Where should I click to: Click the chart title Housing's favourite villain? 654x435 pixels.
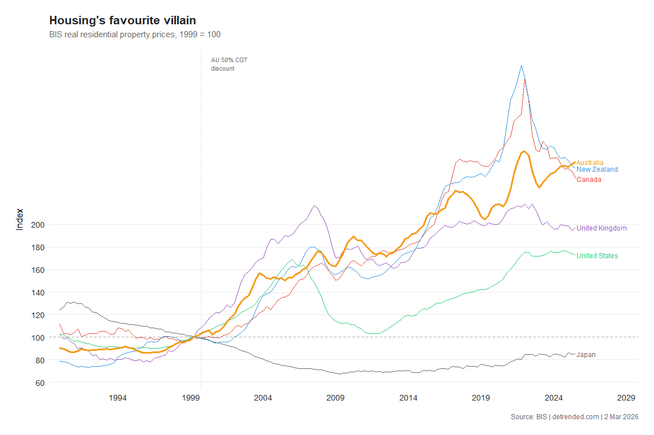123,20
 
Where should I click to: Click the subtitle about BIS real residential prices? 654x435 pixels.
135,34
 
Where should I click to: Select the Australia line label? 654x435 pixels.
590,163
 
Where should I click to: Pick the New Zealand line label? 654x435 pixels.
597,169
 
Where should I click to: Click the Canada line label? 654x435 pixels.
588,180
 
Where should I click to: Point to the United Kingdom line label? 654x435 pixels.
601,228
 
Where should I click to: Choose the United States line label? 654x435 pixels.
597,256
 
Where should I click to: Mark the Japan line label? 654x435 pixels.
586,355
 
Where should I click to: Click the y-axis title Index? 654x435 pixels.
20,219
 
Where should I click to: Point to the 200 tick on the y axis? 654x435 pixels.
38,225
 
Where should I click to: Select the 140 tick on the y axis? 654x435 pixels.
38,293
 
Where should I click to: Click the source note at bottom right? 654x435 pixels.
574,417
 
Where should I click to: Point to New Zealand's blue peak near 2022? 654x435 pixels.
521,65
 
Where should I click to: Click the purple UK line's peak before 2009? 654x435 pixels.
315,205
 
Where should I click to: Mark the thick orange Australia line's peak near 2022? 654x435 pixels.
524,151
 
